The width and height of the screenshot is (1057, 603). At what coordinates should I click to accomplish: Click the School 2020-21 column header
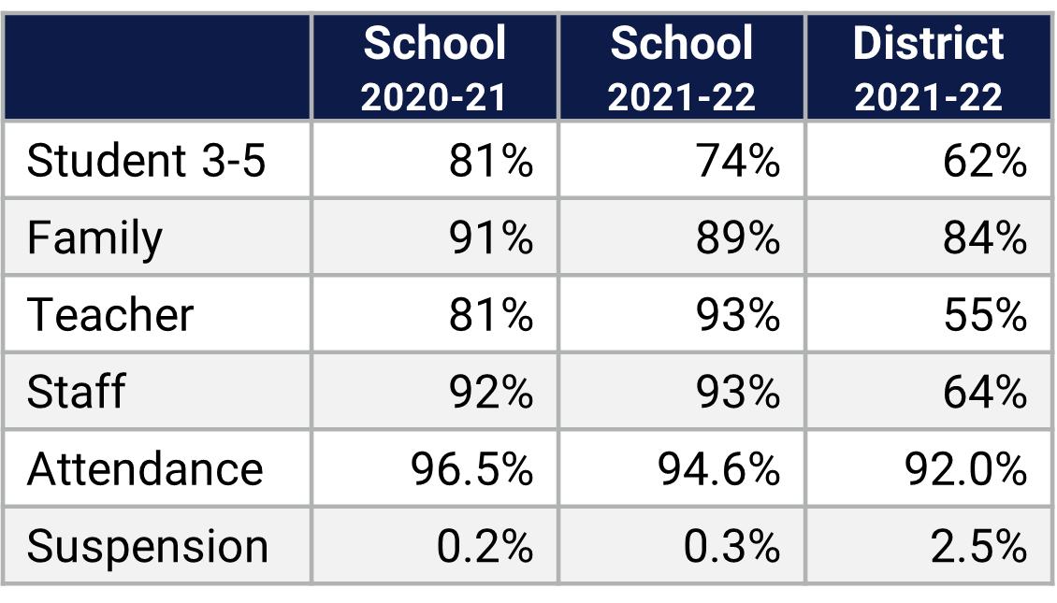pyautogui.click(x=434, y=68)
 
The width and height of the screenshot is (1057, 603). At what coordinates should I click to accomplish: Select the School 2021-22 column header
pyautogui.click(x=681, y=68)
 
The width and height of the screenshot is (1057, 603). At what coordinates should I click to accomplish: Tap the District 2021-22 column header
pyautogui.click(x=928, y=68)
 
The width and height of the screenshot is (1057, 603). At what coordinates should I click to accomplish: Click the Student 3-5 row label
pyautogui.click(x=147, y=161)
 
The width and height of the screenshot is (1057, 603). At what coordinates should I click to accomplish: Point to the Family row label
pyautogui.click(x=94, y=237)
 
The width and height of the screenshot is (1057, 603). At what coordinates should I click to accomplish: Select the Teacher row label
pyautogui.click(x=110, y=314)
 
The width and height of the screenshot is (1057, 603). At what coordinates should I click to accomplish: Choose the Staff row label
pyautogui.click(x=76, y=391)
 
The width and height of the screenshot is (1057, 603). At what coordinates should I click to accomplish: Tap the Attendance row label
pyautogui.click(x=145, y=467)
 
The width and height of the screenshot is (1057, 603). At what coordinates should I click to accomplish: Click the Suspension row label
pyautogui.click(x=148, y=546)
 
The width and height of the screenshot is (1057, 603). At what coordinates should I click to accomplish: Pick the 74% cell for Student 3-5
pyautogui.click(x=737, y=161)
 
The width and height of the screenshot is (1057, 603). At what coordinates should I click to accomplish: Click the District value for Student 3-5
pyautogui.click(x=984, y=161)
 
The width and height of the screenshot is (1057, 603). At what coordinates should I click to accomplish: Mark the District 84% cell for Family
pyautogui.click(x=984, y=237)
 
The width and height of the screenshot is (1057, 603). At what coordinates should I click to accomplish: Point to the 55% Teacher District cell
pyautogui.click(x=984, y=314)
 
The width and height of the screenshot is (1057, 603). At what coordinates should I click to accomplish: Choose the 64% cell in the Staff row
pyautogui.click(x=984, y=391)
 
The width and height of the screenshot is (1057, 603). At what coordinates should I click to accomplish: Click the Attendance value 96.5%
pyautogui.click(x=471, y=467)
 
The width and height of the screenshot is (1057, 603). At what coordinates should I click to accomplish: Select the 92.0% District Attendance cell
pyautogui.click(x=965, y=467)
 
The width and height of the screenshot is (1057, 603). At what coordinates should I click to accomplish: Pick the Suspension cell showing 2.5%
pyautogui.click(x=978, y=546)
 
